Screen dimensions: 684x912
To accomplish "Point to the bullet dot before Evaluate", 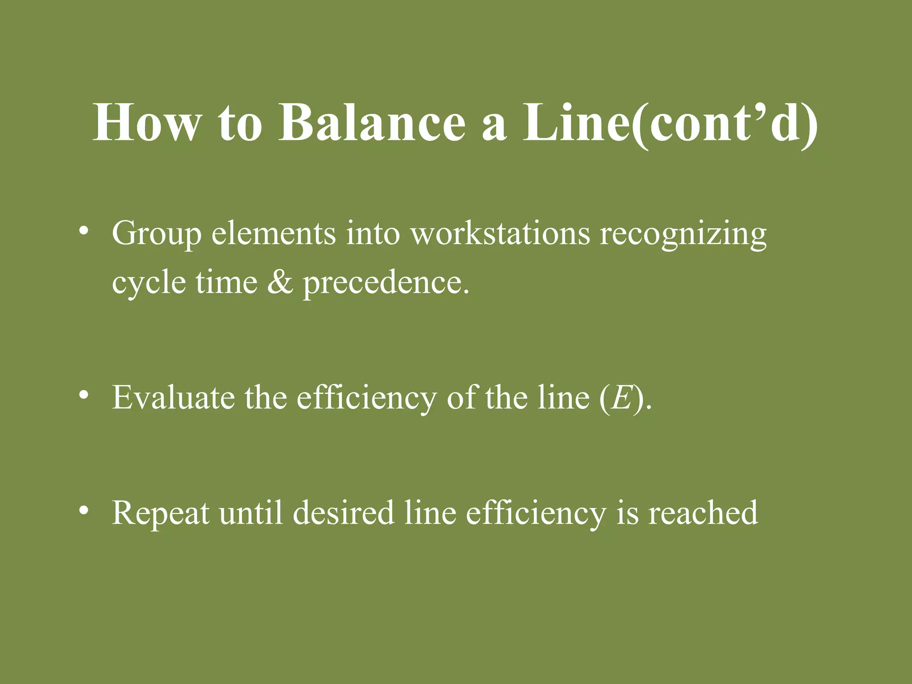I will [x=83, y=396].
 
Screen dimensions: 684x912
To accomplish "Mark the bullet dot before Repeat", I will [x=83, y=511].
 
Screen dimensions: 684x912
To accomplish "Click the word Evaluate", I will [x=173, y=397].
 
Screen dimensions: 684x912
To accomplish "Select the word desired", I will [x=343, y=512].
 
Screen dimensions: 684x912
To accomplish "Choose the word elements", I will [x=273, y=233].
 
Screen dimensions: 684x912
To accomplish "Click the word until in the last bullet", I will [x=251, y=512].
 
